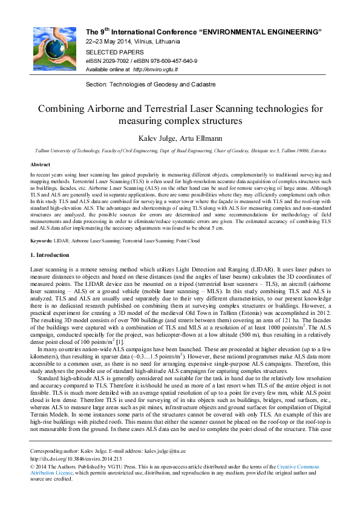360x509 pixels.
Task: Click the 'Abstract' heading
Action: [40, 164]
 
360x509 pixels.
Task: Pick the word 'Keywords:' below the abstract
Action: [41, 240]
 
